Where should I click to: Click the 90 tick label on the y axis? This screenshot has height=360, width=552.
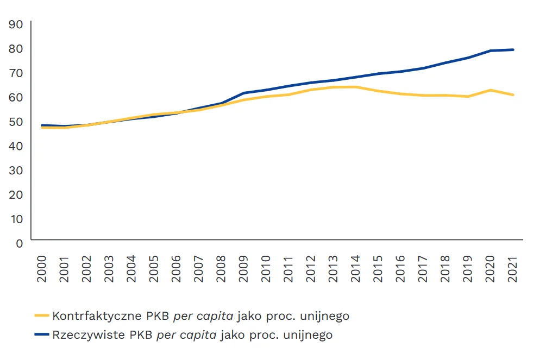[16, 24]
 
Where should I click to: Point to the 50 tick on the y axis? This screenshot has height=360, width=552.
[16, 122]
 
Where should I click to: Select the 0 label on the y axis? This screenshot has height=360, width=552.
[20, 243]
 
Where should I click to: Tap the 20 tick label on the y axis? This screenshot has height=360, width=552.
[16, 194]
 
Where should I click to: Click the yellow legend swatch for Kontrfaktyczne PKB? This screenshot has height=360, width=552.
[41, 315]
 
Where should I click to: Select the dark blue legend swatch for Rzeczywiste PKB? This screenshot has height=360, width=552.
[41, 334]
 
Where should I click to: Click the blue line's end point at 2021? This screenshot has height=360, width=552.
[513, 50]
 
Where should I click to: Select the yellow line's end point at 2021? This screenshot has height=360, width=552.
[513, 95]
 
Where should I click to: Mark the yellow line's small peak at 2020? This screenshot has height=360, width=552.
[490, 90]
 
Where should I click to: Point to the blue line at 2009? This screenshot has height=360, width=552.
[244, 93]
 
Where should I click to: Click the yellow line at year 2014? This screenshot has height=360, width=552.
[355, 87]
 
